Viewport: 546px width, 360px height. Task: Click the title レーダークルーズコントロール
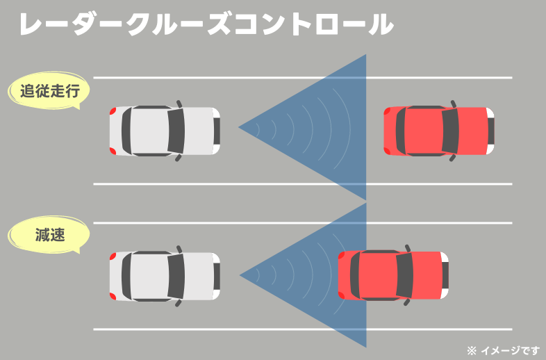coord(206,25)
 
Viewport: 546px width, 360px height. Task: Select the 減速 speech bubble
coord(49,235)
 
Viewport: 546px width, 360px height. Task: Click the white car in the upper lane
coord(165,131)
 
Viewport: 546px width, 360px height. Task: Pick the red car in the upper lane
coord(438,131)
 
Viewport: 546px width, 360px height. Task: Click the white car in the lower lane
coord(165,276)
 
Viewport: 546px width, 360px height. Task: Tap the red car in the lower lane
coord(393,276)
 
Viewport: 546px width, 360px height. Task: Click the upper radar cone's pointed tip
coord(240,127)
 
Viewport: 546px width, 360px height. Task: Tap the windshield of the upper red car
coord(450,131)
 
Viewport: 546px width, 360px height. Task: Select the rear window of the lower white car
coord(128,276)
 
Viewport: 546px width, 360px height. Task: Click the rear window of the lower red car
coord(356,276)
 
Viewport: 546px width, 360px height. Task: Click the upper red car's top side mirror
coord(453,104)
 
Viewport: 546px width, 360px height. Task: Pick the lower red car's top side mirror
coord(408,249)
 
